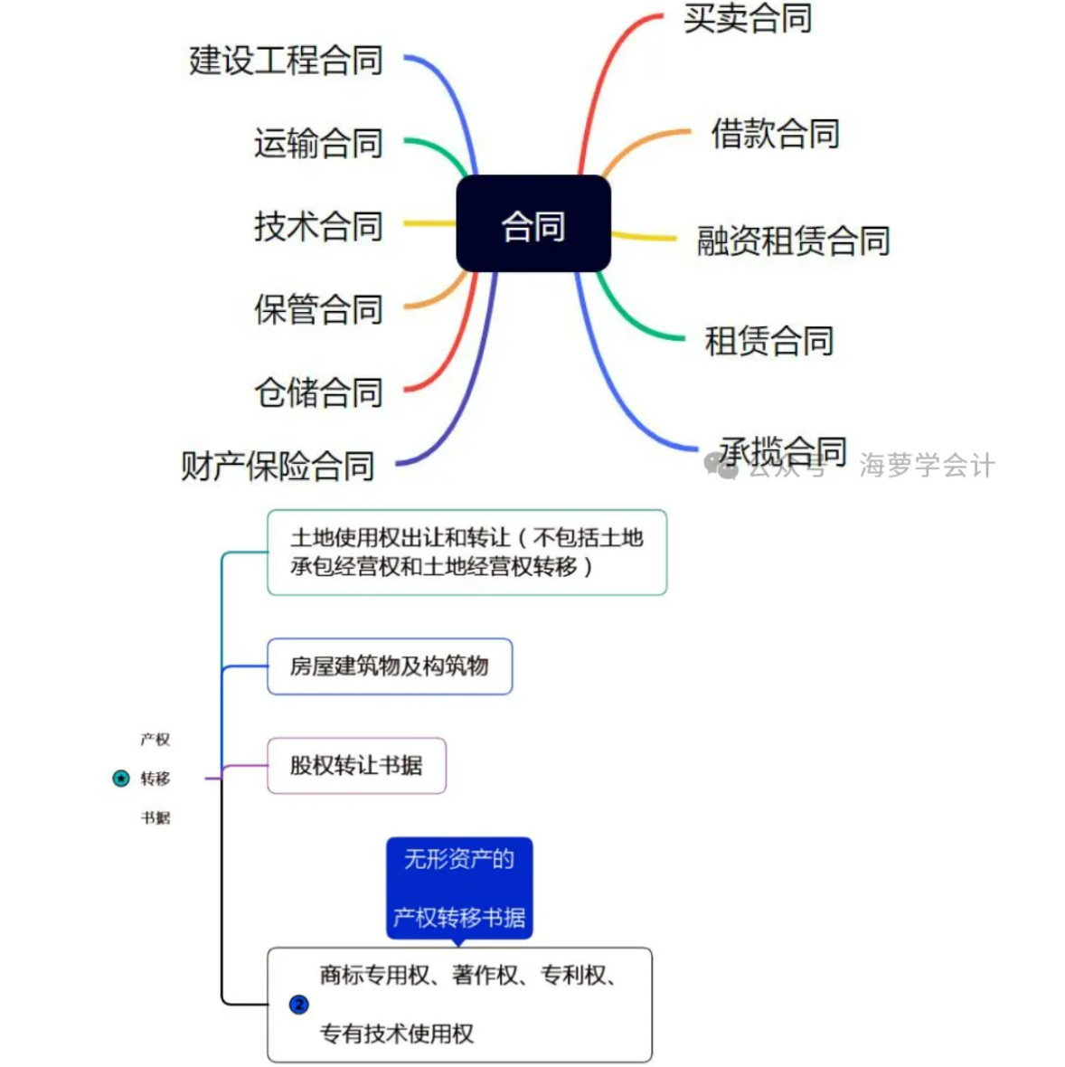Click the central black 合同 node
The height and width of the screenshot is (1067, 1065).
coord(533,224)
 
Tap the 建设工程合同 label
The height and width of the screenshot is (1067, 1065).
coord(286,61)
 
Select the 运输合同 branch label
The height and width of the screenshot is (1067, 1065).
coord(318,143)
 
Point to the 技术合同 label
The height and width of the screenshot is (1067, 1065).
coord(318,226)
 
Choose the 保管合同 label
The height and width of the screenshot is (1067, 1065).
coord(318,309)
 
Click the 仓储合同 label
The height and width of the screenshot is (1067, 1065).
coord(318,392)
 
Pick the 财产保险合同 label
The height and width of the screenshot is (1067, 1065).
coord(278,466)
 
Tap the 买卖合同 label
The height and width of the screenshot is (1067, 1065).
coord(748,18)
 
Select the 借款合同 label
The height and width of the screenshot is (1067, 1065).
coord(775,134)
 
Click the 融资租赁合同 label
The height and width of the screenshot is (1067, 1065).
coord(793,241)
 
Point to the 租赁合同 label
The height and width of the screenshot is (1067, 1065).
coord(768,341)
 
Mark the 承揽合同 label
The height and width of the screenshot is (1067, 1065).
coord(783,449)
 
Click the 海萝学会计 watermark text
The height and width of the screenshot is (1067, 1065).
coord(927,466)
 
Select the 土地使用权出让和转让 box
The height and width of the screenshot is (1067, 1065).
coord(467,552)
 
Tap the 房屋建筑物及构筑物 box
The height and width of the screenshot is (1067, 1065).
coord(390,666)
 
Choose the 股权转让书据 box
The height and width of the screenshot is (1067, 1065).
coord(356,766)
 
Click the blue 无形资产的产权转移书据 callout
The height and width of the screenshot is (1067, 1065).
coord(459,888)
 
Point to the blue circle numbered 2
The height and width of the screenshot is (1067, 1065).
coord(299,1005)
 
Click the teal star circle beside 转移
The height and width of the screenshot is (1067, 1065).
coord(121,779)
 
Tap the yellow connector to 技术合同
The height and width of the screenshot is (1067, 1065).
coord(429,222)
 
